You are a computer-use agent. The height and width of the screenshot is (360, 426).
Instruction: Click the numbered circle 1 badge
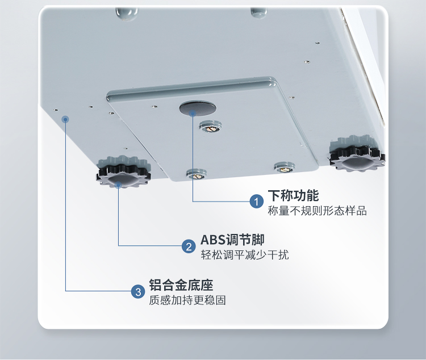[257, 201]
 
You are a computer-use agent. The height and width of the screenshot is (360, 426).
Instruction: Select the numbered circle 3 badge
[137, 292]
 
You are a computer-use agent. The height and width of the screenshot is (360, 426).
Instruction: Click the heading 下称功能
[293, 195]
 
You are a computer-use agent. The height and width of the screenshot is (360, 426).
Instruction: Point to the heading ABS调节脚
[232, 240]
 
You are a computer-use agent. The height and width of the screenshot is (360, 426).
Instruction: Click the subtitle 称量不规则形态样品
[317, 211]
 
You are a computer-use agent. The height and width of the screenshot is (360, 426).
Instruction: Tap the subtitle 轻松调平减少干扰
[245, 255]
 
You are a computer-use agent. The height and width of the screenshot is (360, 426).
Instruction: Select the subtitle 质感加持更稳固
[187, 300]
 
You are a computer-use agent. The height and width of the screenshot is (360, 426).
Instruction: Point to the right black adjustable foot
[357, 153]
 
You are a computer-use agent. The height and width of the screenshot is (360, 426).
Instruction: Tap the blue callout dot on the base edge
[66, 119]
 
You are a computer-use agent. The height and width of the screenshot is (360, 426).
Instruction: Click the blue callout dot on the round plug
[193, 113]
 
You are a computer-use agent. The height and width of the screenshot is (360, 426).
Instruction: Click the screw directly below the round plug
[211, 127]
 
